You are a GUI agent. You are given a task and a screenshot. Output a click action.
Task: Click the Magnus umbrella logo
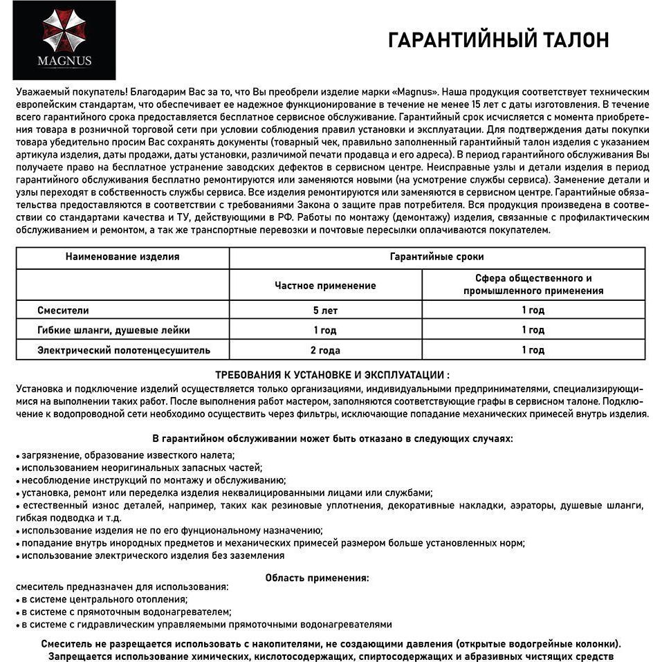click(x=64, y=30)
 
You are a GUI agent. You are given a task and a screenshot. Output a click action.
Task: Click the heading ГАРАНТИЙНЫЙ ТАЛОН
click(x=498, y=40)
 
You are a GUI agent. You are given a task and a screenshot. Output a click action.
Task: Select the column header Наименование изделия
click(x=122, y=257)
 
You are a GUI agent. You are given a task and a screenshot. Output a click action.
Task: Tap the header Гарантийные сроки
click(x=436, y=257)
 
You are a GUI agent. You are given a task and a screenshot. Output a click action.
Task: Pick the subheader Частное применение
click(x=325, y=285)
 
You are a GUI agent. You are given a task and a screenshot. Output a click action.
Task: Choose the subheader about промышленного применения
click(x=533, y=284)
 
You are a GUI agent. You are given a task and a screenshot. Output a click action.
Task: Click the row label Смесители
click(x=63, y=311)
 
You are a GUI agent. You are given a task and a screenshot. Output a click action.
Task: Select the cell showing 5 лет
click(x=325, y=311)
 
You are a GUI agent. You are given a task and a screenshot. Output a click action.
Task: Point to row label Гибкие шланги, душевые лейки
click(x=113, y=330)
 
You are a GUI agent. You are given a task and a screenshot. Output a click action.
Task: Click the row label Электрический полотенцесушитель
click(x=124, y=350)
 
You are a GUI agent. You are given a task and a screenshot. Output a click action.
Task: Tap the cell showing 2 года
click(x=325, y=350)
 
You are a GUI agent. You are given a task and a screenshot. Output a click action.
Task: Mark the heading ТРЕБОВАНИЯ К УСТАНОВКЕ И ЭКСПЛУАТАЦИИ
click(x=332, y=375)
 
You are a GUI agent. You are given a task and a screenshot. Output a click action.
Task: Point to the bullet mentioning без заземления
click(x=151, y=555)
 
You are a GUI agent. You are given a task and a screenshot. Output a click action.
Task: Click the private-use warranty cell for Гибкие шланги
click(x=325, y=330)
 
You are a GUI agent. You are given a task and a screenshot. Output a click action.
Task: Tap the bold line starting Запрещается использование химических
click(x=331, y=655)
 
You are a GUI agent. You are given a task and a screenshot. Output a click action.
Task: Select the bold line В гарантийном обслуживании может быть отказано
click(x=332, y=439)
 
